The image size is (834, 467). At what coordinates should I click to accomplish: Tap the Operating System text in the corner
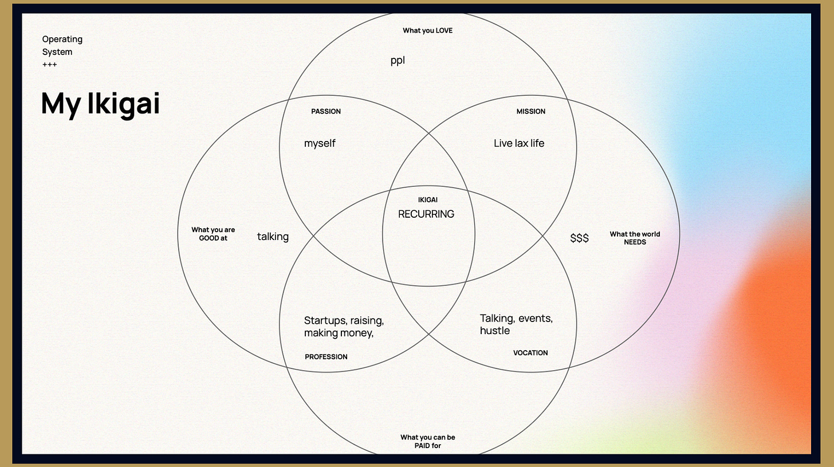click(62, 45)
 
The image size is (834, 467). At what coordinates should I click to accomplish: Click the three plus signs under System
click(50, 65)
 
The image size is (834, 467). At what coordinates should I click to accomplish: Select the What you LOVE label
click(427, 30)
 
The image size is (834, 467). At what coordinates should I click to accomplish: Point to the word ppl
click(398, 61)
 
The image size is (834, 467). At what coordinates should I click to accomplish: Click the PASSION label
click(326, 112)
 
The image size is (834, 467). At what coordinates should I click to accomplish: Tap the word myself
click(320, 143)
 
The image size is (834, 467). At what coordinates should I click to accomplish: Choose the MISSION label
click(531, 112)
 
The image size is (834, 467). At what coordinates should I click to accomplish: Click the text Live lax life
click(519, 143)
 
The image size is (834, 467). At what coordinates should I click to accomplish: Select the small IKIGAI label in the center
click(428, 200)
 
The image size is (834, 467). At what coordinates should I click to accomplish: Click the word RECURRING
click(426, 214)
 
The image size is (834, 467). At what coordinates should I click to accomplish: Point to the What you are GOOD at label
click(213, 234)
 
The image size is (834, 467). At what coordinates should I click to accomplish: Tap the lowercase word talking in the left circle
click(273, 237)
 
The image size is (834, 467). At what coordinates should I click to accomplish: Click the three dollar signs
click(580, 238)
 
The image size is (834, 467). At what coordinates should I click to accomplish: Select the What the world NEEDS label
click(635, 238)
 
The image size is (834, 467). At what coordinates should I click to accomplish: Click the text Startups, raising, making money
click(344, 327)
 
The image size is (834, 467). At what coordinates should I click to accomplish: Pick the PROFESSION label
click(326, 357)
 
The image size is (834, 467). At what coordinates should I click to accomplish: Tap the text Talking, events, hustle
click(516, 324)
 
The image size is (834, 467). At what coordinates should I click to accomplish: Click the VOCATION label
click(530, 353)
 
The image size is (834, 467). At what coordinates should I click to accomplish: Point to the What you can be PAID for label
click(428, 441)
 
